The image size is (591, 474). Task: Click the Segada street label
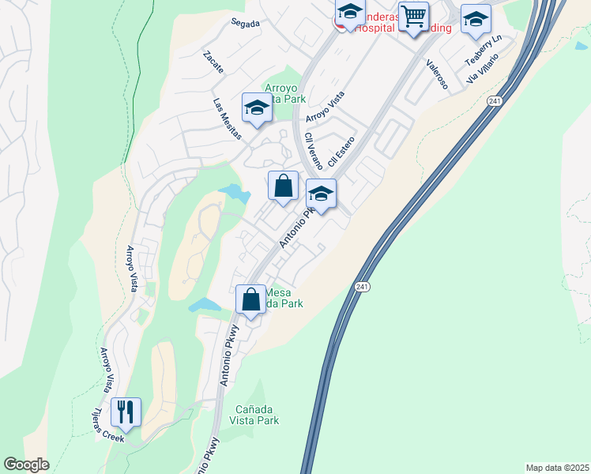(246, 24)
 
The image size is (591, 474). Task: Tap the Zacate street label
(213, 62)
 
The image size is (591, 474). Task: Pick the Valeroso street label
(437, 74)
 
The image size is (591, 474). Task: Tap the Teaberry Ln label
(484, 50)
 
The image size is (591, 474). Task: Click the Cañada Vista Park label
(258, 415)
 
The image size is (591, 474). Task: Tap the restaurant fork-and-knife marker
(126, 412)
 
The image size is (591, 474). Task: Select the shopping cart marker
(413, 16)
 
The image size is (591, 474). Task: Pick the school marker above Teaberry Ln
(476, 20)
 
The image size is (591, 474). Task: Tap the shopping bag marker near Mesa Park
(251, 300)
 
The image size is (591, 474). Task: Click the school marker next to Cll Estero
(322, 194)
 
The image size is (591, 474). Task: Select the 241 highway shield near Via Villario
(495, 101)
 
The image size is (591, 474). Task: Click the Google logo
(26, 465)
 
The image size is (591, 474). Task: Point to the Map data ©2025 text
(557, 468)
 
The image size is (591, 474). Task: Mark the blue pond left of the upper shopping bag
(234, 192)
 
